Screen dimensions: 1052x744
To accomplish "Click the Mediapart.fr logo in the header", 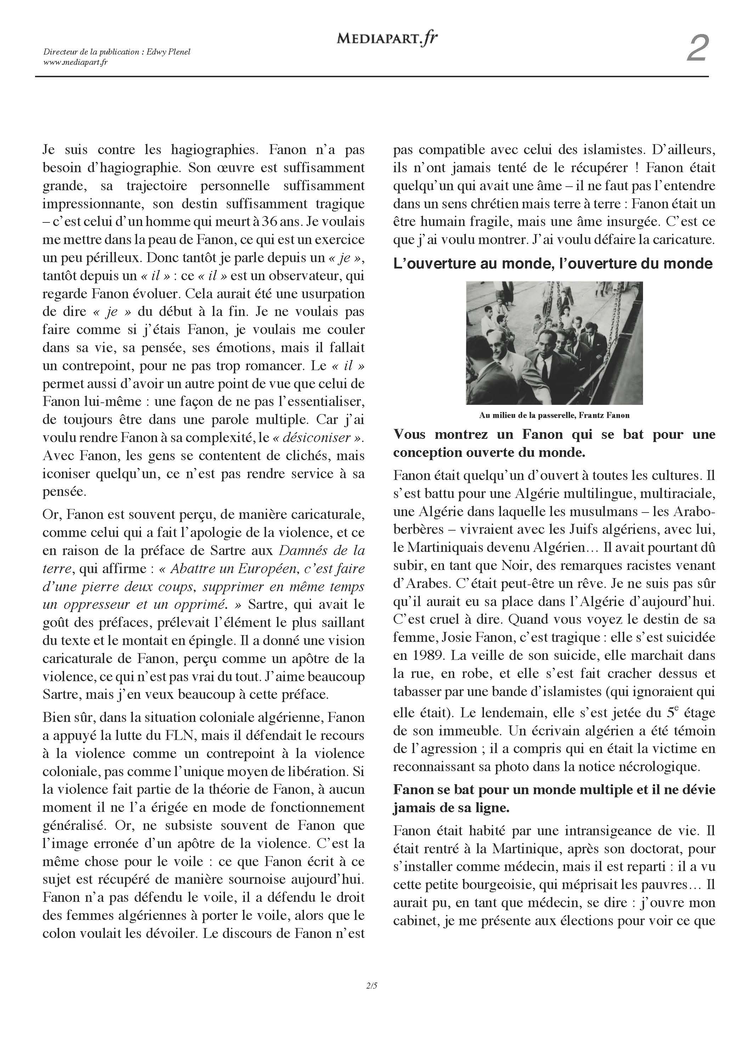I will tap(387, 39).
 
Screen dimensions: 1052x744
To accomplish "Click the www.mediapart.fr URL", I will tap(75, 62).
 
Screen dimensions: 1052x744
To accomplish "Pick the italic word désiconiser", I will tap(316, 437).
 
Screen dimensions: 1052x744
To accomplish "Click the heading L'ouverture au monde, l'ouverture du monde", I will tap(553, 264).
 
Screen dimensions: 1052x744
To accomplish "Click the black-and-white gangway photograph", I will tap(554, 343).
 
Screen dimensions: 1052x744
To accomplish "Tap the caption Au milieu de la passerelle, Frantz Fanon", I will tap(554, 415).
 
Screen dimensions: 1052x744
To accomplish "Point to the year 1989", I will tap(425, 655).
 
